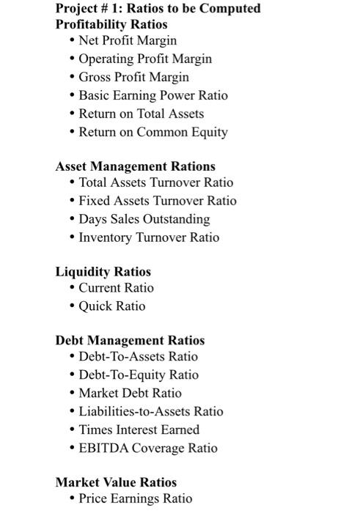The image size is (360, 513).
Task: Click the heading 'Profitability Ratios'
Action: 111,24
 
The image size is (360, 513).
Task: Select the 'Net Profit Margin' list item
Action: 127,40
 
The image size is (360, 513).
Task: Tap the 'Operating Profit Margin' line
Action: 144,59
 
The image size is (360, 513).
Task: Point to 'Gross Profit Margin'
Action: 133,77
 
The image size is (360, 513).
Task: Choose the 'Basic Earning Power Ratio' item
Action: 153,95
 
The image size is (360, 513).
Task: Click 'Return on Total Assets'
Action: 141,114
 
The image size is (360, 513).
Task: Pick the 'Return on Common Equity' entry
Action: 153,132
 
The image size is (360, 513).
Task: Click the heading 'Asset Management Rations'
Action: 135,166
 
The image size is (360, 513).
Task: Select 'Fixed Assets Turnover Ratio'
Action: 157,201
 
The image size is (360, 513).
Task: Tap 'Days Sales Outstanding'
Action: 144,219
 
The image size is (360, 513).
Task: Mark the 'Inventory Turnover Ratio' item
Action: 149,237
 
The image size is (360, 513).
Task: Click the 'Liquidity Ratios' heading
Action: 103,272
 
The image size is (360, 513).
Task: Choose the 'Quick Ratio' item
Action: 111,306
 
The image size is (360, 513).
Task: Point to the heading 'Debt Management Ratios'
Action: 130,340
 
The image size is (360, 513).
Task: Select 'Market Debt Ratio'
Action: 130,393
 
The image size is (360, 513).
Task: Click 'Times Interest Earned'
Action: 139,429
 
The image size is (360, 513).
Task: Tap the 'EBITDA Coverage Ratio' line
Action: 147,448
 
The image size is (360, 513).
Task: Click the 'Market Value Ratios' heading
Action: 116,482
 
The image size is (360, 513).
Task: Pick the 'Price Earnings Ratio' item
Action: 135,498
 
